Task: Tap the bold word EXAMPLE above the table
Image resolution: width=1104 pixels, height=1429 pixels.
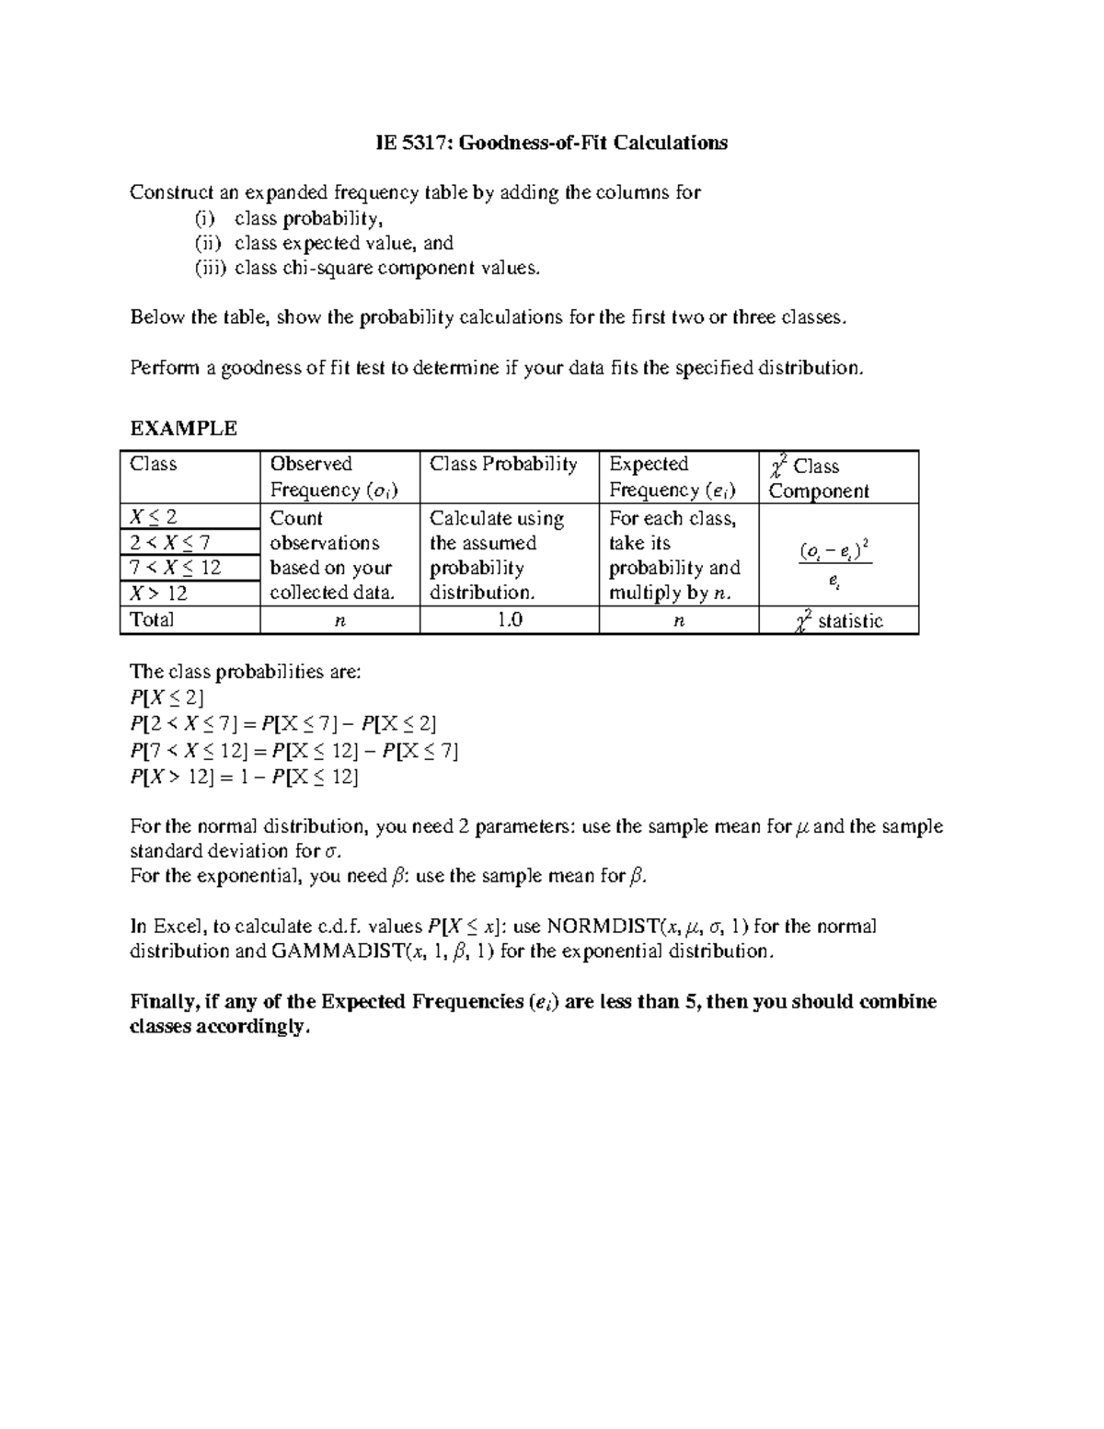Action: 184,428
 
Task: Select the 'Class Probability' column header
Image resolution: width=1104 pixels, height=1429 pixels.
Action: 503,464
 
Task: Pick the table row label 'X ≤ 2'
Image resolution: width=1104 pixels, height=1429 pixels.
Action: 154,517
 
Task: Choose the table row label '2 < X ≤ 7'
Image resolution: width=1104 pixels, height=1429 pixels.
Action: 170,543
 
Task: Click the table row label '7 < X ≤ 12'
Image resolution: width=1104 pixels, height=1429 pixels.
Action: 176,568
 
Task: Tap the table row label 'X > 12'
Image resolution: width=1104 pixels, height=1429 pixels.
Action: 159,593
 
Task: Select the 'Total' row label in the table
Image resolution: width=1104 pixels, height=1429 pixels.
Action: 153,619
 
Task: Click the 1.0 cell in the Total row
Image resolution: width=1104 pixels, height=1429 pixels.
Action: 509,620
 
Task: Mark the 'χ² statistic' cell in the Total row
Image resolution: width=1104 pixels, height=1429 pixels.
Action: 838,621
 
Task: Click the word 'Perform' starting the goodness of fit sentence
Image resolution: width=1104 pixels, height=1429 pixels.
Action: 164,368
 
